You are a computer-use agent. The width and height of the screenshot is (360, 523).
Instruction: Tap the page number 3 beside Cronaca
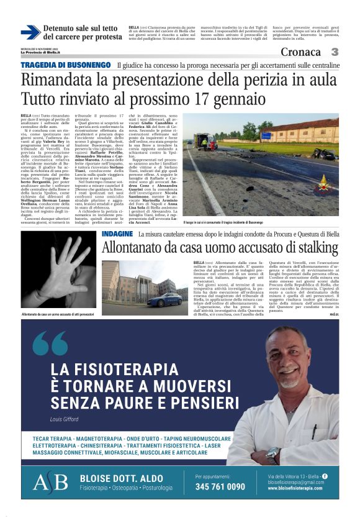click(x=335, y=52)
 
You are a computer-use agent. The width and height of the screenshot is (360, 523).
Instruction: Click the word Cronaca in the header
click(x=301, y=53)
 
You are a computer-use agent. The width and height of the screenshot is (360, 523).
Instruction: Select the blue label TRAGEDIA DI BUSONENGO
click(x=66, y=65)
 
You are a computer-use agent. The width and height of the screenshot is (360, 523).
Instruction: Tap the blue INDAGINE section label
click(x=117, y=234)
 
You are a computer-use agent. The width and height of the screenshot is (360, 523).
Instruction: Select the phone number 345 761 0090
click(x=220, y=487)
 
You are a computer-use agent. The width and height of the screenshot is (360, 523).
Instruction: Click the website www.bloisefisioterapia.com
click(x=294, y=488)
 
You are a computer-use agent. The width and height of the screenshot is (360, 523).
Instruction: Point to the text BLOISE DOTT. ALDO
click(x=118, y=477)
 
